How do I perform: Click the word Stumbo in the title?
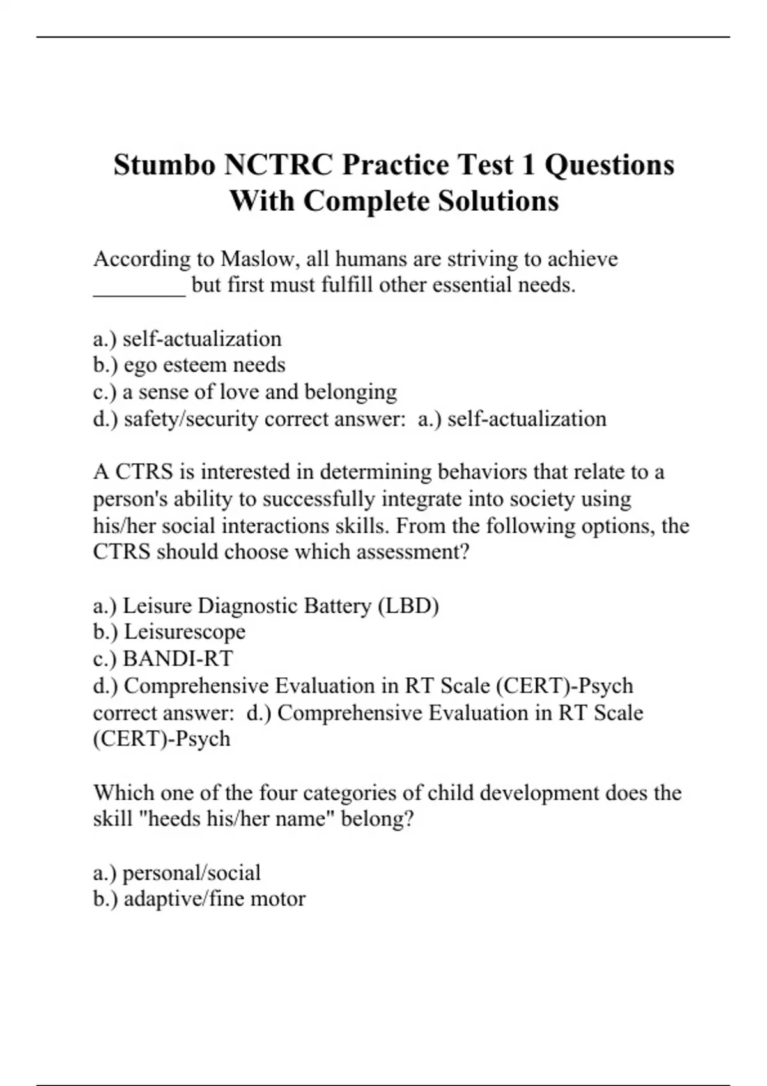[x=164, y=165]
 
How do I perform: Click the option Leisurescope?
[x=184, y=632]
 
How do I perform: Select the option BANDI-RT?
[x=178, y=659]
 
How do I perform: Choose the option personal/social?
[x=191, y=873]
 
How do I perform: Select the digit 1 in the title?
[x=528, y=165]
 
